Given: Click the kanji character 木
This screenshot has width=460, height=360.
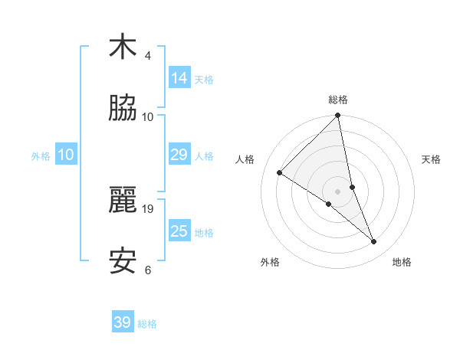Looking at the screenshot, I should (123, 47).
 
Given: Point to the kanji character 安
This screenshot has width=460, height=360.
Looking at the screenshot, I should (123, 261).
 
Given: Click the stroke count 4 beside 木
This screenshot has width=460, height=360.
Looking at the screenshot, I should (148, 56).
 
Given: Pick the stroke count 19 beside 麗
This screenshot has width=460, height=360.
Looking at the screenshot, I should (148, 208).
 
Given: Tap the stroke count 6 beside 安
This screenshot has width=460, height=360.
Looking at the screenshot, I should (148, 270).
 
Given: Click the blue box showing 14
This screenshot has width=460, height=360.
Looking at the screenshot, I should (179, 77).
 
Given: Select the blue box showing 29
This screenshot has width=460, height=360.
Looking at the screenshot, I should (179, 155).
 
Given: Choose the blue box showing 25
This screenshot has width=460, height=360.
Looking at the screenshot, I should (179, 231).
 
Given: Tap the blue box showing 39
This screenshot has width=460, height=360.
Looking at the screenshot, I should (123, 322).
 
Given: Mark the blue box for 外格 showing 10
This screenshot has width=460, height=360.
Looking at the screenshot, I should (65, 155).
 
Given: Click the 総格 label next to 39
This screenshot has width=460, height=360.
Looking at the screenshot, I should (147, 324).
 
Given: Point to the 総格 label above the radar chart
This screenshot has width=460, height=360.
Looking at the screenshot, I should (337, 100).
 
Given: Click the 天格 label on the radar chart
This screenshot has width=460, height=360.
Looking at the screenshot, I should (432, 159).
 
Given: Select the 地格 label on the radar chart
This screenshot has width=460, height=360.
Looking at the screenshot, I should (402, 262).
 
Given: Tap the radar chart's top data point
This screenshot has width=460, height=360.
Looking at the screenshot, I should (337, 116).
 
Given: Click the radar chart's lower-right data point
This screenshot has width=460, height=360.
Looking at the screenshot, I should (374, 241).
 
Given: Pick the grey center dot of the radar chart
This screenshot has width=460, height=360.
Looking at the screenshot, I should (337, 191).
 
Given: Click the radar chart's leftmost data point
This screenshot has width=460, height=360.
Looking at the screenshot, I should (279, 172).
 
